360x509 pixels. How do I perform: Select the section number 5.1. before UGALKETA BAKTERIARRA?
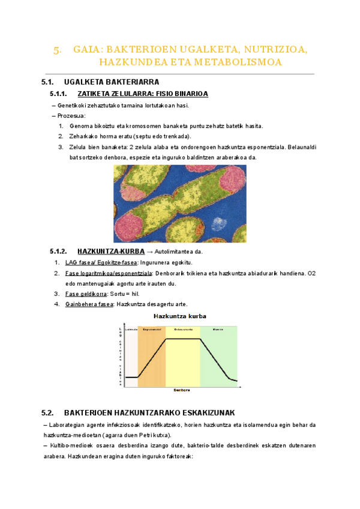pyautogui.click(x=48, y=82)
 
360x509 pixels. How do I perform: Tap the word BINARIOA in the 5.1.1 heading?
pyautogui.click(x=191, y=94)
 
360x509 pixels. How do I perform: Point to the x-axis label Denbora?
pyautogui.click(x=182, y=390)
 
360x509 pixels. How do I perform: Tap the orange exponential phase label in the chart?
pyautogui.click(x=151, y=329)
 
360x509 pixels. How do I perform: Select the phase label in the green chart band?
pyautogui.click(x=218, y=329)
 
